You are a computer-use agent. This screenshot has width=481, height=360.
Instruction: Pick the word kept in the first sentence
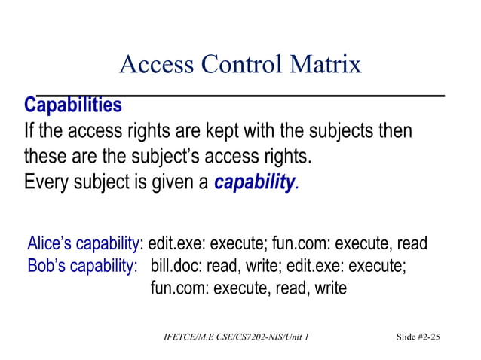pyautogui.click(x=236, y=131)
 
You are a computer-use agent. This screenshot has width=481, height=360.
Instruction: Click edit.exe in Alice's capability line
pyautogui.click(x=176, y=244)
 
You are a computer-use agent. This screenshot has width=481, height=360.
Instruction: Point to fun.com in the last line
pyautogui.click(x=179, y=288)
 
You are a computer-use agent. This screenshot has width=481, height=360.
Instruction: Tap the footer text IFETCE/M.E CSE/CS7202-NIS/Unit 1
pyautogui.click(x=236, y=337)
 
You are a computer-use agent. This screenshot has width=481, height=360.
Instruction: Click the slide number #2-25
pyautogui.click(x=427, y=337)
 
